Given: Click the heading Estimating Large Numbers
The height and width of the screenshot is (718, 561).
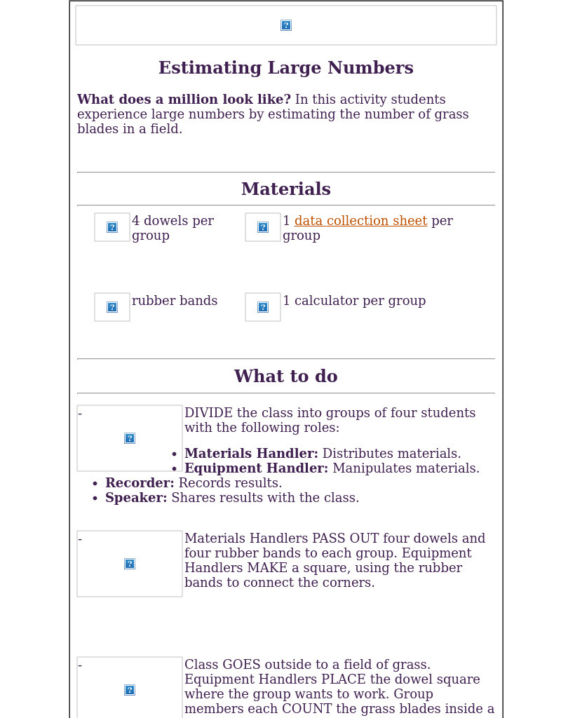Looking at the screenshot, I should tap(285, 69).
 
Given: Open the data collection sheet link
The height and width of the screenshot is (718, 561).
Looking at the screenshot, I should tap(360, 222).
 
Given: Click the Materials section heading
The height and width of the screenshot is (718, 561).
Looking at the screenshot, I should tap(285, 190).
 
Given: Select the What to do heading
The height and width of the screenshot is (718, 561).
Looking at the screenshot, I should tap(285, 377).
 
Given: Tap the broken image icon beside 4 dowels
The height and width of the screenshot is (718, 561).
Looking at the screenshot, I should tap(112, 227).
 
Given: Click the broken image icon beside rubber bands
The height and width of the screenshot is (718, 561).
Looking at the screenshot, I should tap(112, 307).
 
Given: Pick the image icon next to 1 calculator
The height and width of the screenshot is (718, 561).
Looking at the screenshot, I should tap(263, 307).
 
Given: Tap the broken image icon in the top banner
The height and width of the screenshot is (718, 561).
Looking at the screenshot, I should tap(286, 25).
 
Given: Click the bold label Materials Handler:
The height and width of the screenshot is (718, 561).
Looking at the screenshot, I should tap(251, 454).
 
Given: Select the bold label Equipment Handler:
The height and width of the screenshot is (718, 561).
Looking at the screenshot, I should tap(256, 469).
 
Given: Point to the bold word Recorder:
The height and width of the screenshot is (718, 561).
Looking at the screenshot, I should tap(140, 484).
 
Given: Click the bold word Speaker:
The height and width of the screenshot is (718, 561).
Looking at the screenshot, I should tap(136, 499).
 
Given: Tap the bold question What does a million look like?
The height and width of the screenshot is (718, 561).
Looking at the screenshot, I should tap(184, 100).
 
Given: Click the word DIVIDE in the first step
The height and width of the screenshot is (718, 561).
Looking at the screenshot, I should tap(208, 414).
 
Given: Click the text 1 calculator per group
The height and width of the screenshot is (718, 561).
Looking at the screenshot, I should tap(354, 302).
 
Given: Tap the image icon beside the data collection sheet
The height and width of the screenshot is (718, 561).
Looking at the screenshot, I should tap(263, 227).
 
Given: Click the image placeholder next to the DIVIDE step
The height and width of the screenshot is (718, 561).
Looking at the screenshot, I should tap(130, 438).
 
